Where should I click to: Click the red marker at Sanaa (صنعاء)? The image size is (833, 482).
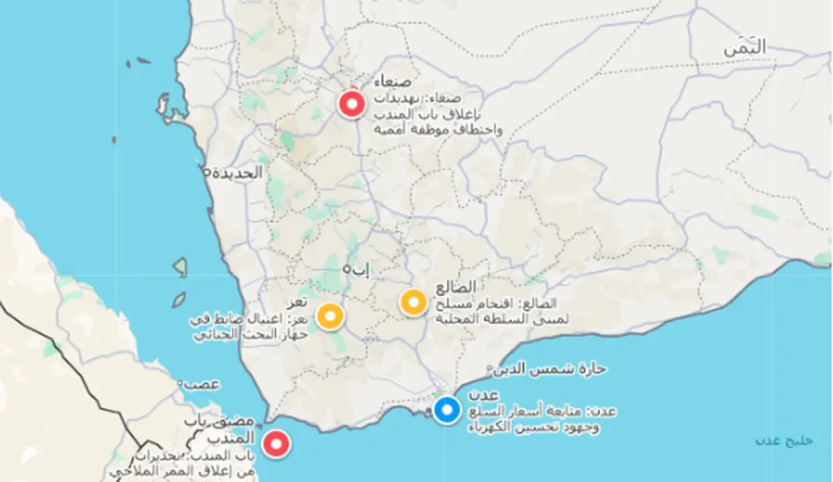(x=352, y=104)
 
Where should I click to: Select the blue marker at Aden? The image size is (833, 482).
(x=447, y=409)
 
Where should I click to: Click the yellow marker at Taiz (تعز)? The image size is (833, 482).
(x=330, y=315)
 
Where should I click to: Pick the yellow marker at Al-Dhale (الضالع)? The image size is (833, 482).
(x=414, y=302)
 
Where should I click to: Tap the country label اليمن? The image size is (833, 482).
(x=745, y=48)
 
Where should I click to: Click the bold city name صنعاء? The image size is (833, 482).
(x=392, y=82)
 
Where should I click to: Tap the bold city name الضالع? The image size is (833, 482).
(x=457, y=287)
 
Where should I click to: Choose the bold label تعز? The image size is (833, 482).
(x=298, y=304)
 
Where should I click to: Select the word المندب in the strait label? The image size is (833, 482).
(x=231, y=438)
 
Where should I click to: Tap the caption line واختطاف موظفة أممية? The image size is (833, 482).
(x=438, y=130)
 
